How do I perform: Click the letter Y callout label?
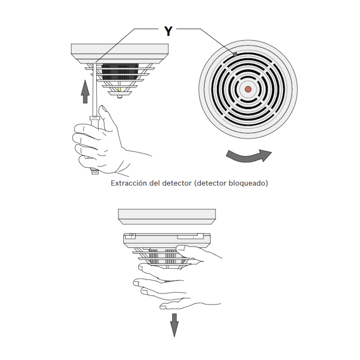pyautogui.click(x=168, y=31)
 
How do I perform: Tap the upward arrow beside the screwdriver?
pyautogui.click(x=85, y=91)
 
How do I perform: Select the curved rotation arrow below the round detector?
pyautogui.click(x=249, y=156)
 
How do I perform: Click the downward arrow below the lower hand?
pyautogui.click(x=175, y=325)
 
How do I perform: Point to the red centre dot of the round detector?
pyautogui.click(x=248, y=89)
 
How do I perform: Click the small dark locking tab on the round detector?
pyautogui.click(x=234, y=54)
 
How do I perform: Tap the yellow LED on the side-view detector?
pyautogui.click(x=119, y=89)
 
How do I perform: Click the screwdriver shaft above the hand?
pyautogui.click(x=94, y=90)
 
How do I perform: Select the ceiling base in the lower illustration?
pyautogui.click(x=167, y=216)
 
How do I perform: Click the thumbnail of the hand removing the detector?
pyautogui.click(x=182, y=248)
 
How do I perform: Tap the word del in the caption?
pyautogui.click(x=154, y=183)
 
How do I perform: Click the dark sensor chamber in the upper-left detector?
pyautogui.click(x=120, y=72)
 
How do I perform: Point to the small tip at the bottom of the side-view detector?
pyautogui.click(x=119, y=97)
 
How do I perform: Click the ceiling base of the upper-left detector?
pyautogui.click(x=120, y=54)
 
